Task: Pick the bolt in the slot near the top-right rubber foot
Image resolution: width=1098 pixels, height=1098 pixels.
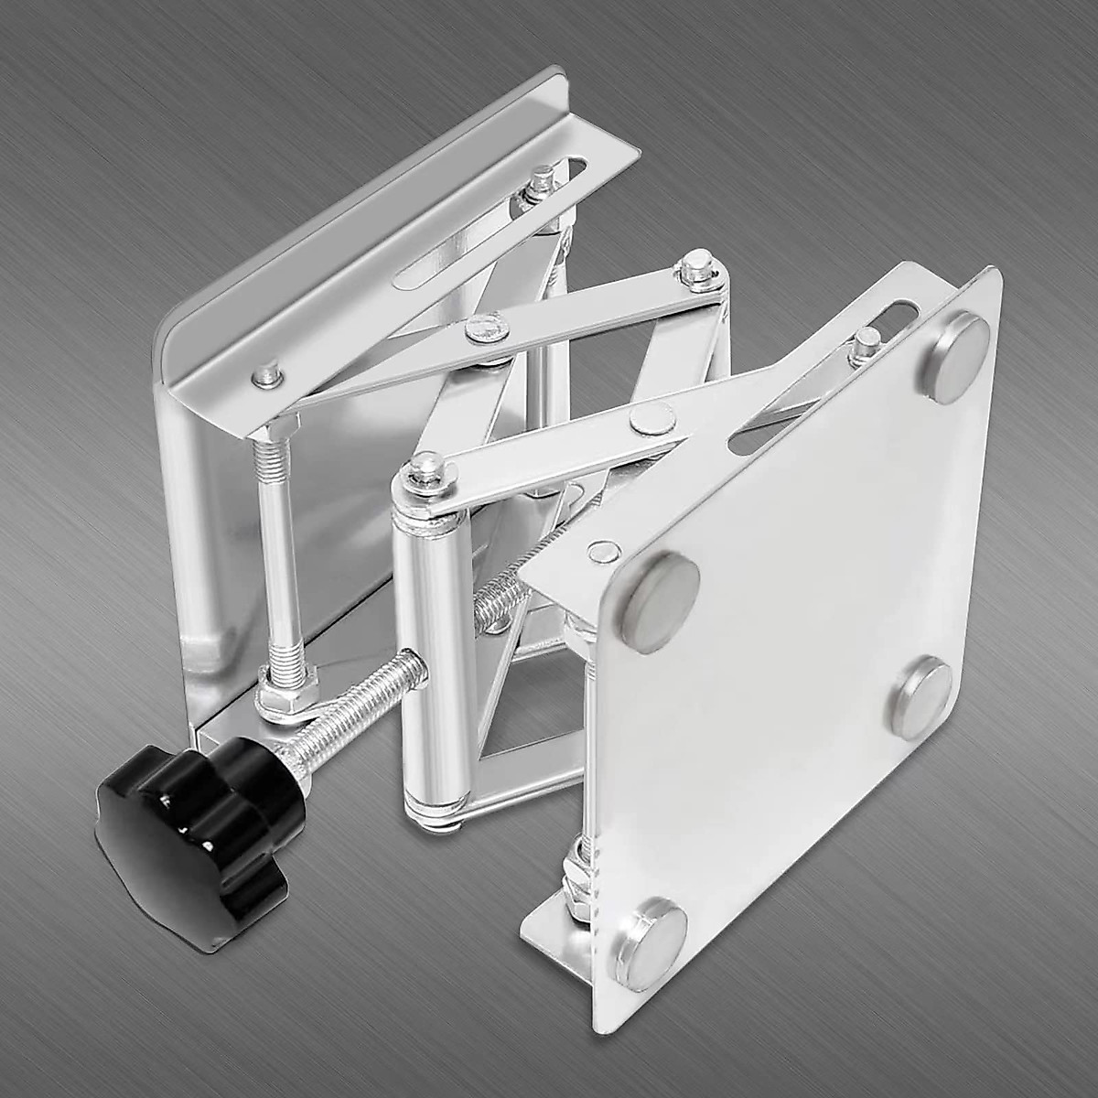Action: click(x=863, y=346)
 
